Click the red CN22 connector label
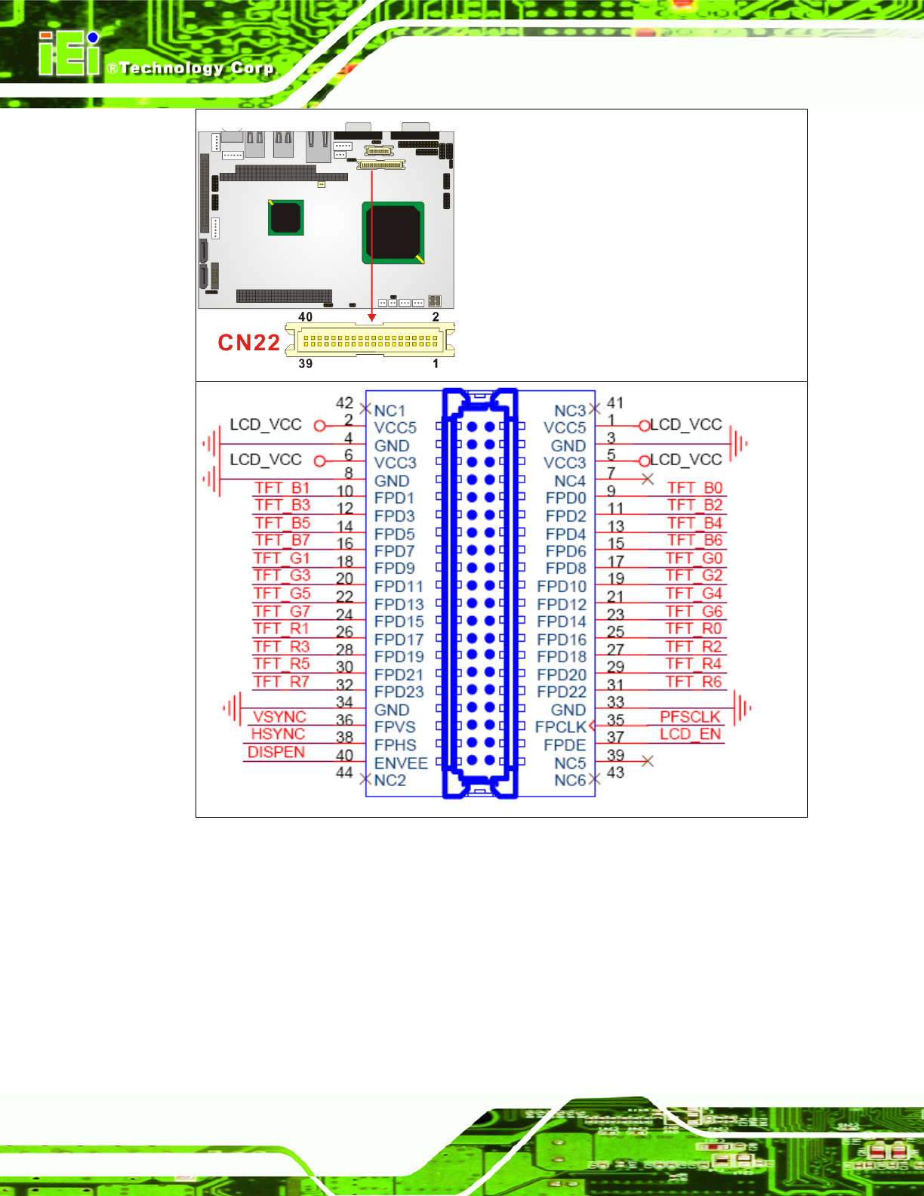[x=248, y=343]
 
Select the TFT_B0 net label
[x=695, y=488]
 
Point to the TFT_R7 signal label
[x=282, y=682]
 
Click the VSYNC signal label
[x=279, y=717]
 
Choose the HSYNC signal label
[x=278, y=734]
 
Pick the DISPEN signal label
[x=276, y=752]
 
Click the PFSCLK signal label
[x=690, y=717]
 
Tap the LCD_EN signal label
[x=690, y=734]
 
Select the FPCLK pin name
[x=560, y=727]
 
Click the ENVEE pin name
[x=401, y=763]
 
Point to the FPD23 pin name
[x=399, y=692]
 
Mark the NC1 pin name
[x=390, y=411]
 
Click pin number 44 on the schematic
[x=344, y=772]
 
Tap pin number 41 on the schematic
[x=615, y=403]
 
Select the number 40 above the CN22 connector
[x=305, y=317]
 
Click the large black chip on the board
[x=393, y=232]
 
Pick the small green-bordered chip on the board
[x=286, y=217]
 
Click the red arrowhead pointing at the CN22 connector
[x=371, y=318]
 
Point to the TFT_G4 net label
[x=694, y=593]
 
